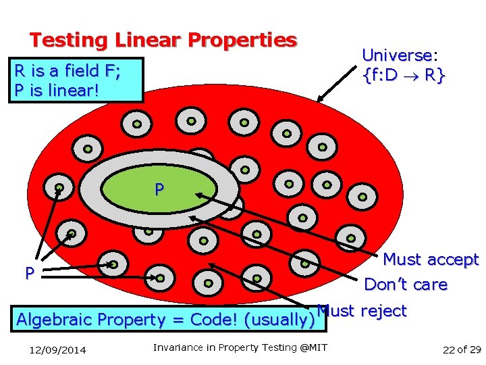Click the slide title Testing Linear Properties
click(163, 41)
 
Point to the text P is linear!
click(56, 90)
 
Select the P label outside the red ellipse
click(30, 274)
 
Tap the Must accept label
click(431, 260)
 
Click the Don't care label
click(405, 285)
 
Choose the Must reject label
click(362, 311)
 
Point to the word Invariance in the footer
click(178, 347)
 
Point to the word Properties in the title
click(242, 41)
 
